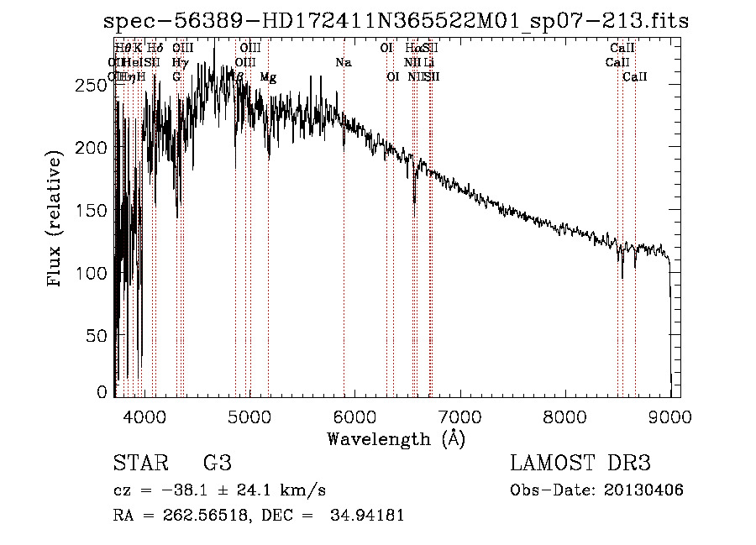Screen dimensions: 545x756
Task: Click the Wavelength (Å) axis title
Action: [x=396, y=438]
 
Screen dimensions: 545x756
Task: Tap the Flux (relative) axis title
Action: [x=56, y=220]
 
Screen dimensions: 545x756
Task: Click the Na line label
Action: [x=343, y=63]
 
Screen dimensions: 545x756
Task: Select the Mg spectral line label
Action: [x=268, y=77]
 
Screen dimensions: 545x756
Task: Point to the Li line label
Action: [x=428, y=63]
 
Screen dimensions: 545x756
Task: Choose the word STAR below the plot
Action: [x=139, y=464]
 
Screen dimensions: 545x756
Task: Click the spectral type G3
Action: [x=217, y=464]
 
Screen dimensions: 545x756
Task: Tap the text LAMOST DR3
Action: [x=580, y=464]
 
